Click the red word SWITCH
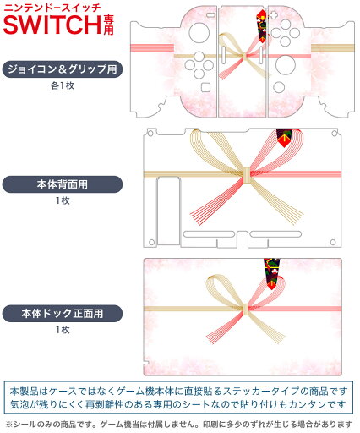click(52, 25)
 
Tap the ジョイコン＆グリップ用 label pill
click(63, 69)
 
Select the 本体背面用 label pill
click(63, 184)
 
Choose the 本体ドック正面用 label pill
click(63, 314)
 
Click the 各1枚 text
click(63, 85)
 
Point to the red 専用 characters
click(108, 25)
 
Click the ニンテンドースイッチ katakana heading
click(52, 7)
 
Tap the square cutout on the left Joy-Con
click(206, 87)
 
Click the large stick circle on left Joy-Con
click(199, 32)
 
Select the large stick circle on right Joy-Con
click(286, 64)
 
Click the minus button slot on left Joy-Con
click(210, 14)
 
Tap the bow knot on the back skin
click(247, 175)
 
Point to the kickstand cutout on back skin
click(168, 211)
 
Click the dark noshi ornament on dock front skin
click(272, 273)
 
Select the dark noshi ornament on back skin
click(285, 138)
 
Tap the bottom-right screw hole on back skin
click(333, 242)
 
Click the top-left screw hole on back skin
click(150, 133)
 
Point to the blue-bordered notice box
click(178, 398)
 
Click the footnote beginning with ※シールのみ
click(178, 425)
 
